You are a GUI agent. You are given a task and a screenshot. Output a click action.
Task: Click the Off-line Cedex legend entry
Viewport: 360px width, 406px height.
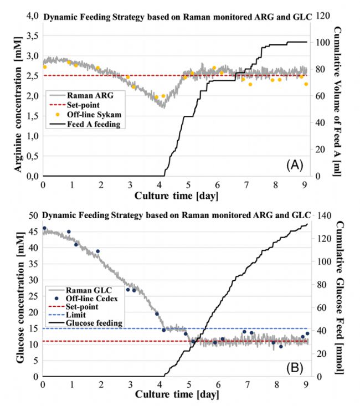tap(93, 298)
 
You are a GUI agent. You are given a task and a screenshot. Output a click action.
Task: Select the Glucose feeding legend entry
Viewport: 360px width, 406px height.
tap(94, 323)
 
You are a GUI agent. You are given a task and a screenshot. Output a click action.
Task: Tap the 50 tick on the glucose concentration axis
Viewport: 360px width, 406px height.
tap(31, 216)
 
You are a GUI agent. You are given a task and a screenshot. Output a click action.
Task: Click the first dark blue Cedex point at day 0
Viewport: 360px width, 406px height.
tap(45, 228)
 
